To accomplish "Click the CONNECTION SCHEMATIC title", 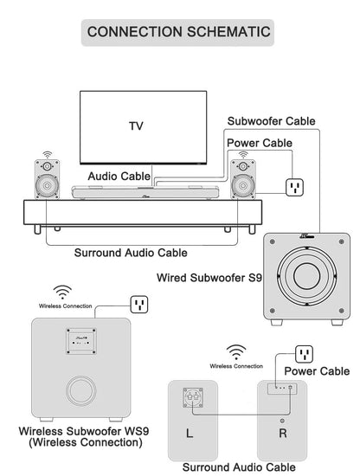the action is (x=178, y=32).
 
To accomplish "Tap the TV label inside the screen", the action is (x=136, y=126).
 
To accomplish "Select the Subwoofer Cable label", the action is (x=272, y=121).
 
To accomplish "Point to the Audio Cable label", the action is (x=119, y=176).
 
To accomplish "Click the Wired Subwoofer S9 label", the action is (x=209, y=278).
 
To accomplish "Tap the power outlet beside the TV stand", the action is (x=294, y=187).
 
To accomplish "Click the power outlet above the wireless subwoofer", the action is (x=139, y=305).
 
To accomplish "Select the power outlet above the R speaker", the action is (x=304, y=354).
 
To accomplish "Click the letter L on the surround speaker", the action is (x=190, y=434).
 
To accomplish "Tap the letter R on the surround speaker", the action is (x=283, y=434).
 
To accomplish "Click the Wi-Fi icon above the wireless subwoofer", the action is (x=62, y=292).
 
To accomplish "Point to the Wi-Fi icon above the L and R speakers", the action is (x=236, y=352).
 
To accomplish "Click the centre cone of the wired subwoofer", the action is (x=306, y=275).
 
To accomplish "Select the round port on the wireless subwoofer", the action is (x=81, y=391).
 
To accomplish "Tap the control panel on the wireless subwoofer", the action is (x=81, y=341).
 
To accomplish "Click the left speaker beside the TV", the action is (x=47, y=179).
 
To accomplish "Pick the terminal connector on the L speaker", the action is (x=193, y=398).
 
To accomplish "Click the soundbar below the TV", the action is (x=145, y=192).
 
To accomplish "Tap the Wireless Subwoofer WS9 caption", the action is (x=84, y=436).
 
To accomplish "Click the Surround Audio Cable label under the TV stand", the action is (x=131, y=253).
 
